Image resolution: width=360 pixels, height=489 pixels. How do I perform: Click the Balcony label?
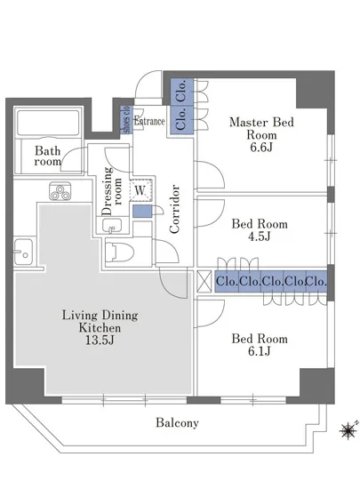[x=177, y=423]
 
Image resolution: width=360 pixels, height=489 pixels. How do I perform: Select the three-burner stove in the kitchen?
[x=60, y=191]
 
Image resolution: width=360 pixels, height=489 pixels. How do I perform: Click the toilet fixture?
[x=119, y=253]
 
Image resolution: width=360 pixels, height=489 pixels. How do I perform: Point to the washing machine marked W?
[x=140, y=190]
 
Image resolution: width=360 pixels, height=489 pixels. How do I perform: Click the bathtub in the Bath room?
[x=48, y=123]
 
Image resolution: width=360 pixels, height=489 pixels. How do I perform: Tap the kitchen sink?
[x=22, y=252]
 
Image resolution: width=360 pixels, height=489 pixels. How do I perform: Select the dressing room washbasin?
[x=112, y=226]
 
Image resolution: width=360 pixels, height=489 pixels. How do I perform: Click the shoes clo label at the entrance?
[x=126, y=120]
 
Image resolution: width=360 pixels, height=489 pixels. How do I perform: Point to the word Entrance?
[x=149, y=121]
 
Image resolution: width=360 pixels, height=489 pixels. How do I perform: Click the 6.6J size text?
[x=261, y=147]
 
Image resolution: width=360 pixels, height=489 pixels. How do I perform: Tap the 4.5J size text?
[x=259, y=236]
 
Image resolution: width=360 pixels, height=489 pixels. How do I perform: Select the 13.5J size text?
[x=100, y=340]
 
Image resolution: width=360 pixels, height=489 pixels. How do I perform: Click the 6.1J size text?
[x=259, y=351]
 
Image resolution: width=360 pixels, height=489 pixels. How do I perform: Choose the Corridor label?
[x=175, y=209]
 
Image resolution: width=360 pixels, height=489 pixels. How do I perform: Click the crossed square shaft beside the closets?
[x=204, y=282]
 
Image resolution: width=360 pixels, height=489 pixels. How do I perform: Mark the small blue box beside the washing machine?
[x=142, y=212]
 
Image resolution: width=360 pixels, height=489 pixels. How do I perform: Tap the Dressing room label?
[x=112, y=191]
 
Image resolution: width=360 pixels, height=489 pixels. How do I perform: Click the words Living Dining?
[x=100, y=315]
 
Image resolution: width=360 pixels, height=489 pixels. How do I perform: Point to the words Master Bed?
[x=261, y=122]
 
